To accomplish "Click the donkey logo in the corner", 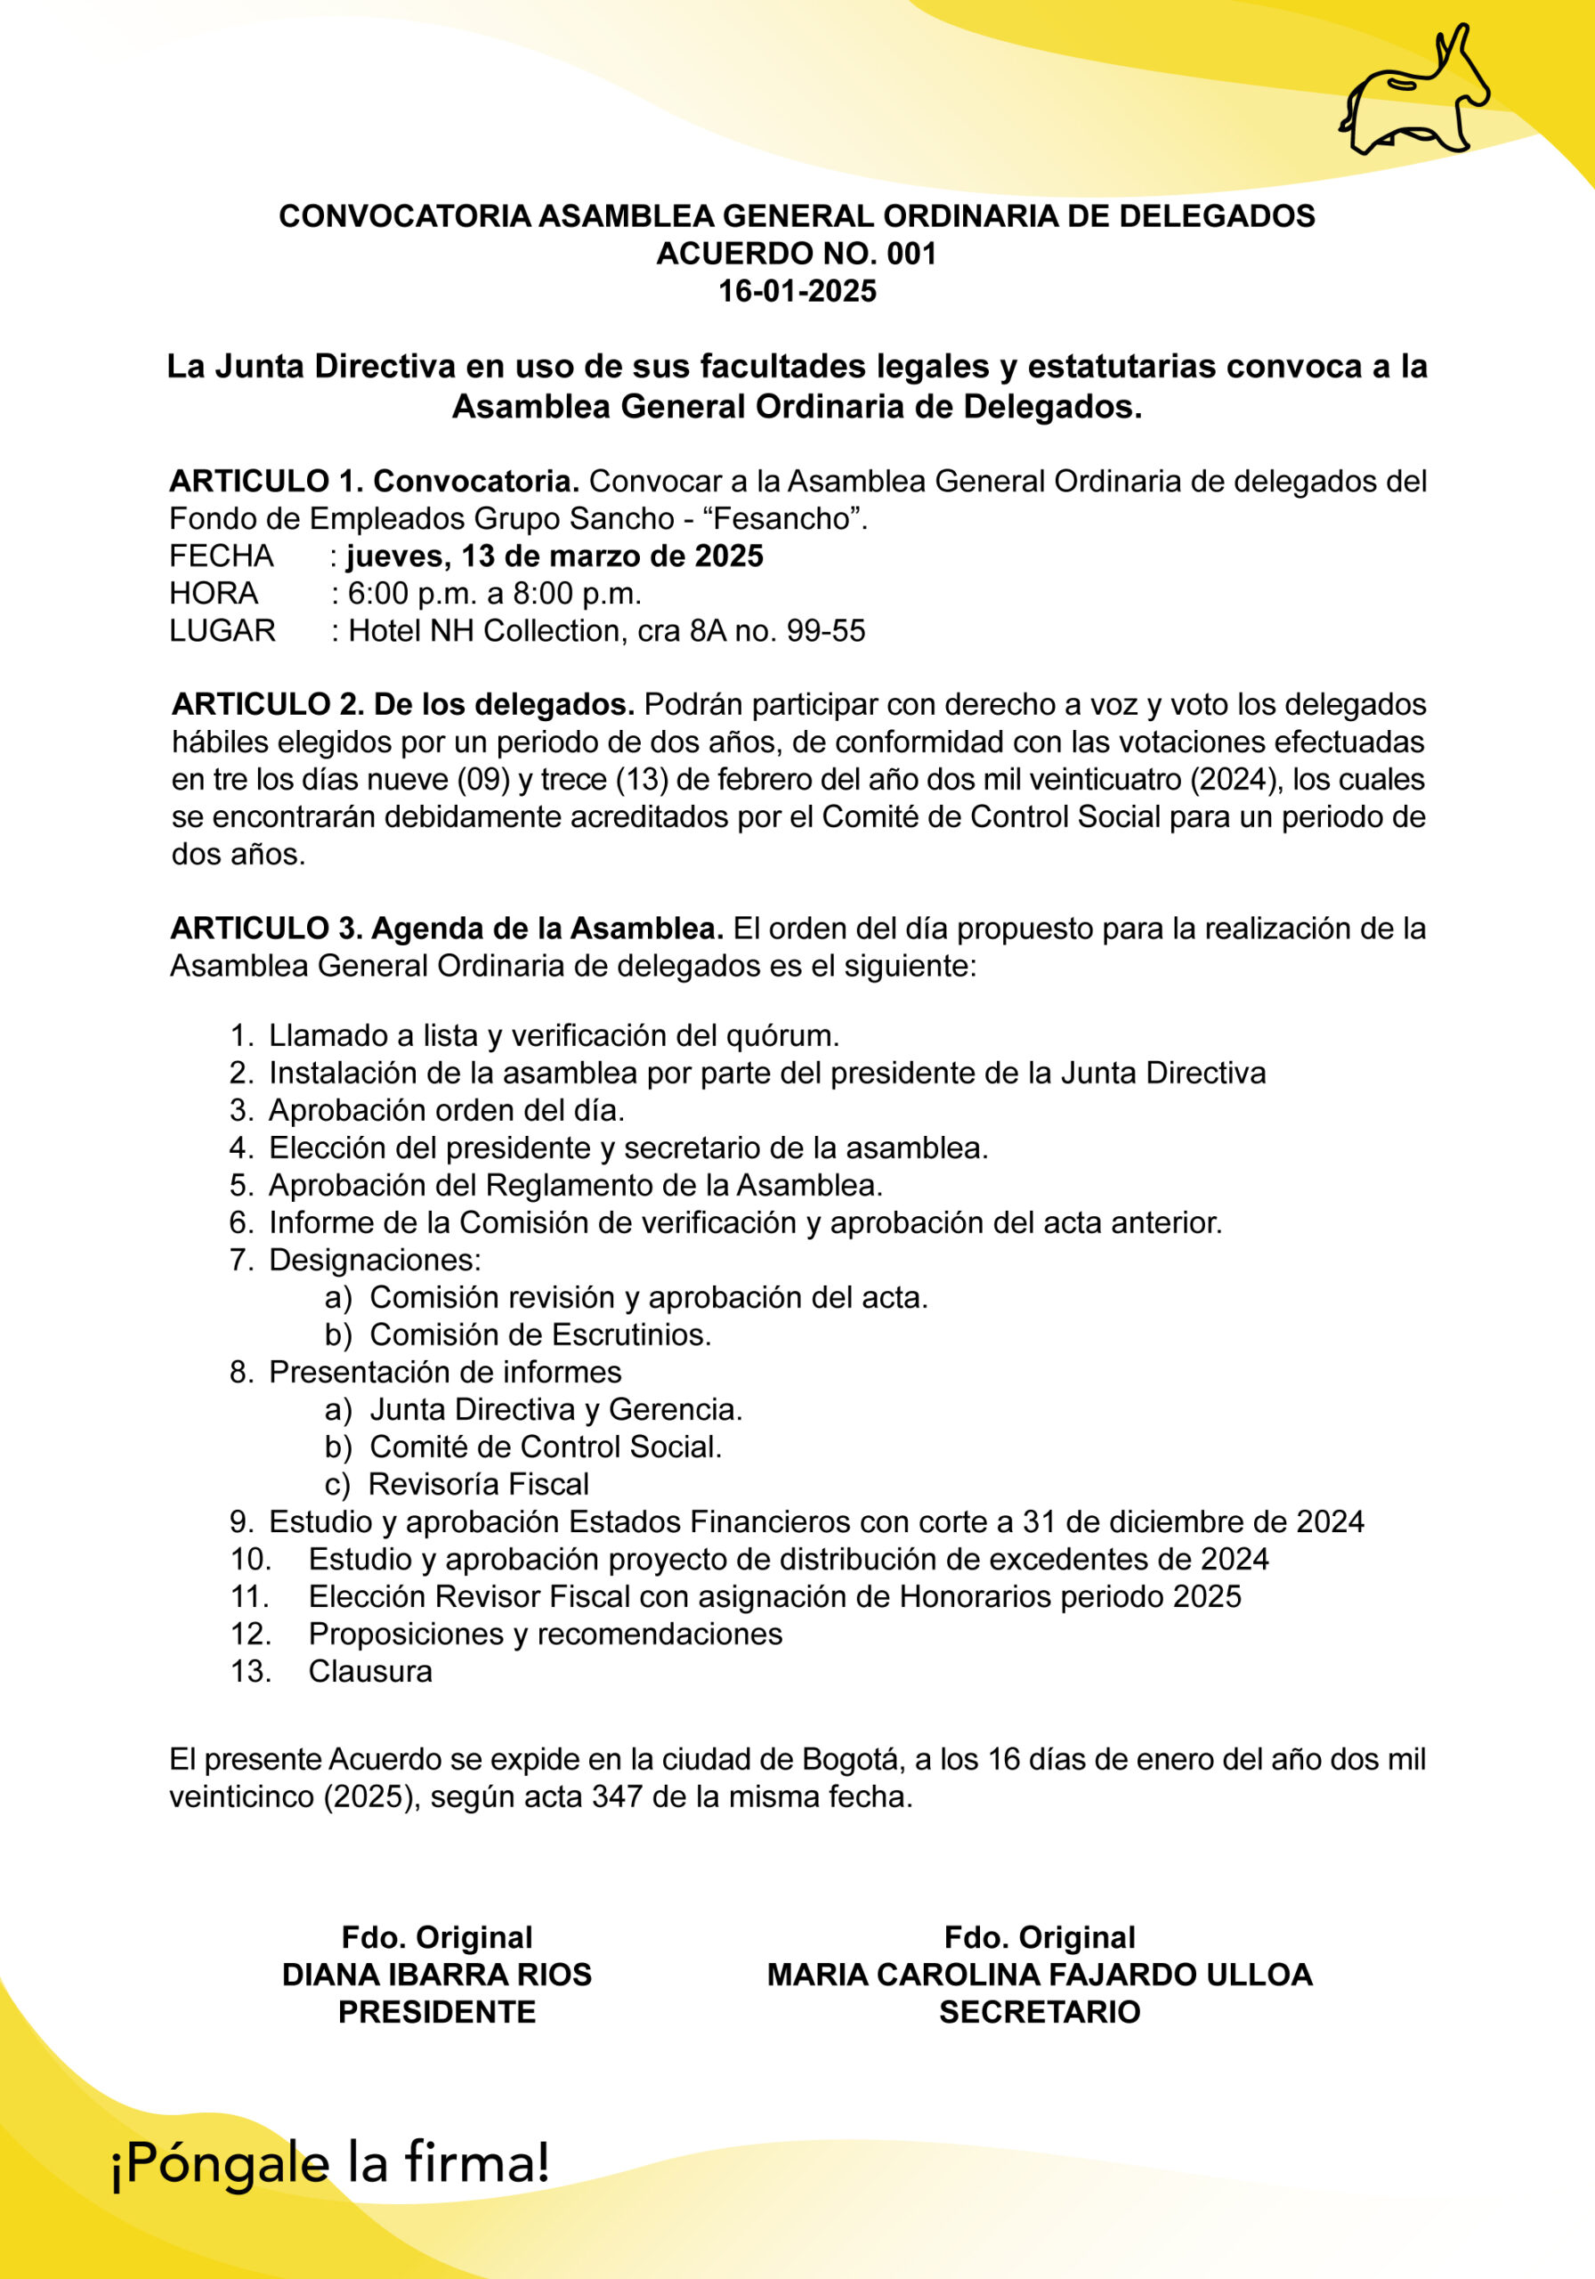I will coord(1413,95).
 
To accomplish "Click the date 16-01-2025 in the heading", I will coord(797,291).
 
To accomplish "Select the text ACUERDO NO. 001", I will coord(797,253).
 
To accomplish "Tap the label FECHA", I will coord(222,556).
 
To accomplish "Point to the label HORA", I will coord(214,594).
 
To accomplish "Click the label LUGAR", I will coord(223,631).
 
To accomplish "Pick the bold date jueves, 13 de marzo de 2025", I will coord(555,556).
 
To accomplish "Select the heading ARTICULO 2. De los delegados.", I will coord(403,705).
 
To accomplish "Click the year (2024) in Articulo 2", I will coord(1233,779).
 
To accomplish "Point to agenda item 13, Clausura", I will coord(370,1672).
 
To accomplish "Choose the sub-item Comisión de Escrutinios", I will coord(540,1335).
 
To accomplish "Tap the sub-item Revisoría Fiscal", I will coord(478,1484).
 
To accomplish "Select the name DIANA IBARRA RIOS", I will coord(437,1975).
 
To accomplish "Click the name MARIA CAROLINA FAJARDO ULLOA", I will coord(1040,1975).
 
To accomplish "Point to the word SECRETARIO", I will coord(1040,2012).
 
